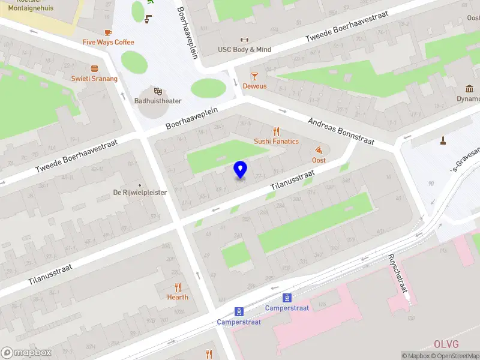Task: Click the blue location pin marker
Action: (240, 170)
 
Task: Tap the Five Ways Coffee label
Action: (108, 42)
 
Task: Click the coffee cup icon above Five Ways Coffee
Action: (108, 32)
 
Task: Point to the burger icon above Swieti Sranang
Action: (94, 68)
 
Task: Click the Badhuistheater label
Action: (158, 101)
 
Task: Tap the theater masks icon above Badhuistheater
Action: (158, 91)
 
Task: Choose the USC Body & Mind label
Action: (244, 50)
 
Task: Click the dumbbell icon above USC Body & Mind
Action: (244, 40)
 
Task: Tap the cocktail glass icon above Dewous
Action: (254, 76)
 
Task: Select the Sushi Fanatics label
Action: (276, 142)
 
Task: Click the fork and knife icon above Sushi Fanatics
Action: (276, 131)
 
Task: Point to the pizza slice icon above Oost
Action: (319, 150)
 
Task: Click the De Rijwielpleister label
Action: (140, 193)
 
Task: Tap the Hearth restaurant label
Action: (178, 297)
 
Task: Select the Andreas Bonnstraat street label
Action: (341, 131)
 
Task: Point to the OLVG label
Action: (446, 344)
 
